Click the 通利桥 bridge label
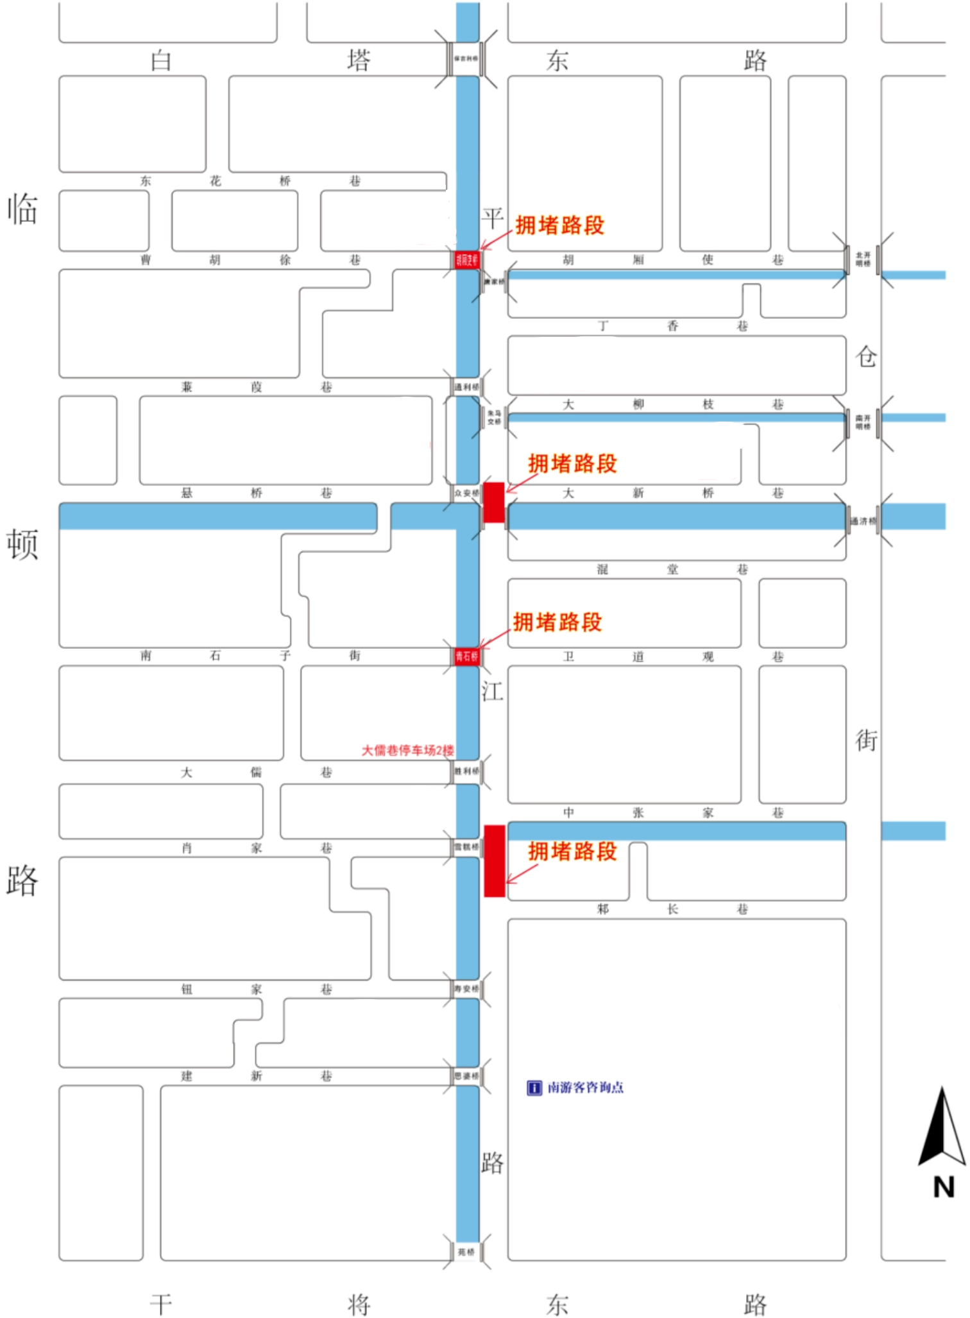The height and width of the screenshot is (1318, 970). (x=466, y=387)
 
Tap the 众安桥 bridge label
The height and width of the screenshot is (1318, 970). (x=466, y=493)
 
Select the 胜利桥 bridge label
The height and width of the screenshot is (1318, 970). (x=466, y=771)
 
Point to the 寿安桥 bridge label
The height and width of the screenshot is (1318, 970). (x=466, y=989)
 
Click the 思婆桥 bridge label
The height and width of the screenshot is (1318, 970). (x=466, y=1075)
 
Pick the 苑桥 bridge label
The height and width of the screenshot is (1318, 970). (x=466, y=1252)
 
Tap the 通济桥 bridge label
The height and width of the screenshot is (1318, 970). (x=863, y=520)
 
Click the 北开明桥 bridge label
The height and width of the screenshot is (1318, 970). (x=863, y=259)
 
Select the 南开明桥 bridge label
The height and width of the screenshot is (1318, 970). (x=863, y=422)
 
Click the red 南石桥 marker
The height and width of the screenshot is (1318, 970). (x=467, y=656)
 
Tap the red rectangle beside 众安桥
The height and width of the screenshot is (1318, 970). (x=493, y=502)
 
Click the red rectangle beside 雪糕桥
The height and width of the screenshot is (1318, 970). (x=494, y=860)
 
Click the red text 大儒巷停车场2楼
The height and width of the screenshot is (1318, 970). (x=407, y=750)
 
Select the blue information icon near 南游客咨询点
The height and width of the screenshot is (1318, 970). (x=534, y=1088)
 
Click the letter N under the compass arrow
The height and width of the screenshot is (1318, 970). (x=944, y=1187)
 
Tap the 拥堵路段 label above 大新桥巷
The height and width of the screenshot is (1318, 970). (x=572, y=463)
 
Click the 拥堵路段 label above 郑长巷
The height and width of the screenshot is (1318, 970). (x=572, y=852)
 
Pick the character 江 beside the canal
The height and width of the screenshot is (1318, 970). (x=492, y=691)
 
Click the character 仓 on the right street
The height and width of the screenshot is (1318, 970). (x=866, y=356)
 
